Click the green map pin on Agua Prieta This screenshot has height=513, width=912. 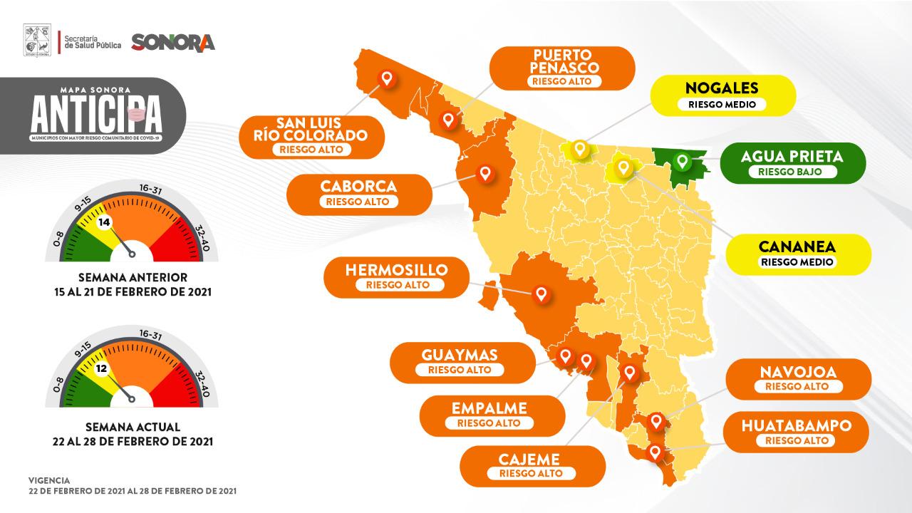(x=682, y=162)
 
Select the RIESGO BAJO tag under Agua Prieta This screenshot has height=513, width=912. (x=792, y=172)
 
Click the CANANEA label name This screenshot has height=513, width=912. (x=797, y=247)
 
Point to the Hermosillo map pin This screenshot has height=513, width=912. (x=541, y=294)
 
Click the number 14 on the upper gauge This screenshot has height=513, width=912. (x=105, y=222)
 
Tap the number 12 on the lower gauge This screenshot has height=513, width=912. (x=102, y=369)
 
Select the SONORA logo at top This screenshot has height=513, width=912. (x=173, y=42)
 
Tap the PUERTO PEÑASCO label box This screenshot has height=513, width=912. (x=565, y=68)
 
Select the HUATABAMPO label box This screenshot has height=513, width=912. (x=797, y=432)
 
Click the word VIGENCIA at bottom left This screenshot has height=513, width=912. (x=49, y=481)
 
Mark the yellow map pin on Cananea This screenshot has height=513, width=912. (x=623, y=167)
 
